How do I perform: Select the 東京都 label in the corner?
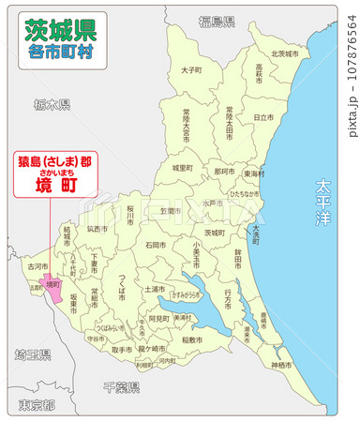click(37, 405)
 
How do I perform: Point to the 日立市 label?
click(263, 116)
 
